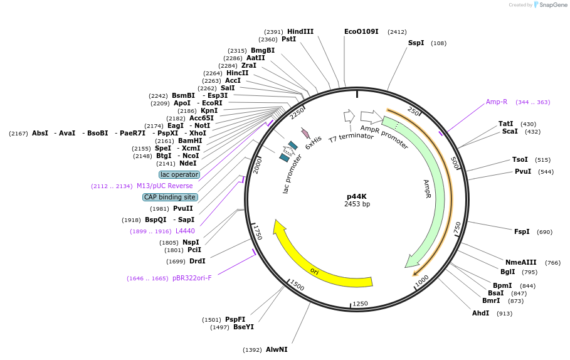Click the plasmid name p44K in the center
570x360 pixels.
click(x=356, y=196)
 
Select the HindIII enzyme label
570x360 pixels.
click(x=300, y=31)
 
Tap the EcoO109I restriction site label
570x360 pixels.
click(x=361, y=31)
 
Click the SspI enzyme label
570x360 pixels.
click(x=416, y=43)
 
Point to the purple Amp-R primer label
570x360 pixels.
click(x=497, y=102)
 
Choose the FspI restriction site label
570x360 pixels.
click(x=522, y=231)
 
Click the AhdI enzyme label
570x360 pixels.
click(x=480, y=313)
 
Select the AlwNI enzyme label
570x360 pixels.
click(x=277, y=349)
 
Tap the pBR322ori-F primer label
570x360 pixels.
click(x=192, y=278)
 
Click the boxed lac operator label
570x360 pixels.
click(x=179, y=174)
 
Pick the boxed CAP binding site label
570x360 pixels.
click(x=170, y=197)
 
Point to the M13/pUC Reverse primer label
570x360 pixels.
click(x=165, y=186)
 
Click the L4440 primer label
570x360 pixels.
click(x=185, y=231)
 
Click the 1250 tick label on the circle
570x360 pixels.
click(x=360, y=304)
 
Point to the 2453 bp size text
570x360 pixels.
click(x=357, y=204)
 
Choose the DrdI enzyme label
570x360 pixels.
click(x=197, y=261)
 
